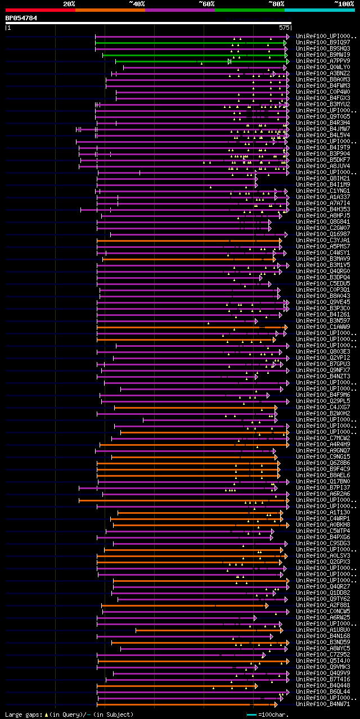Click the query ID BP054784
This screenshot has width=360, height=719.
(21, 18)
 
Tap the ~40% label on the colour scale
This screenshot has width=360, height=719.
(137, 4)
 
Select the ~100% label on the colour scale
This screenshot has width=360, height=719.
(344, 4)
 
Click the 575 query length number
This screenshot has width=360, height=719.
(283, 27)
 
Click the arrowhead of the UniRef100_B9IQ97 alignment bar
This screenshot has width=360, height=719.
(286, 43)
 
